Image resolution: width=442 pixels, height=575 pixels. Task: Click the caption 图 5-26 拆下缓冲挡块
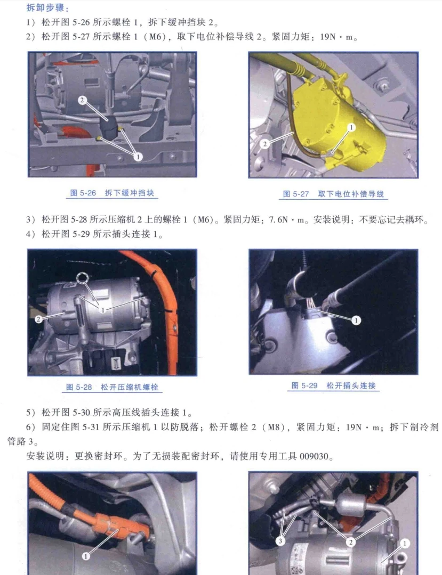click(112, 193)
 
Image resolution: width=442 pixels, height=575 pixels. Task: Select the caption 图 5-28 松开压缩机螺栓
click(112, 387)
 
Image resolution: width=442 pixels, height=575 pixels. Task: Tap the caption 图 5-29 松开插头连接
click(333, 385)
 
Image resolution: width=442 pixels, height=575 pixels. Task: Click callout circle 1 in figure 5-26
click(138, 157)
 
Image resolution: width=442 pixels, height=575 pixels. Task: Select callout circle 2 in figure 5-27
click(265, 143)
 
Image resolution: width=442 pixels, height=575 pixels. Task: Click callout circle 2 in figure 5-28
click(38, 319)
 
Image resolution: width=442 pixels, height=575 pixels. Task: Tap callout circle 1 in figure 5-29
click(356, 320)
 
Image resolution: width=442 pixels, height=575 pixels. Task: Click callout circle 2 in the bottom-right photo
click(350, 542)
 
